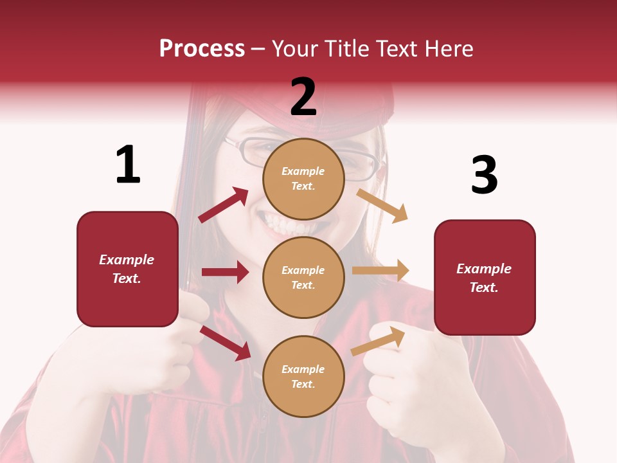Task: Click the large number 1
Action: coord(128,165)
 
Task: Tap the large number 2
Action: coord(303,97)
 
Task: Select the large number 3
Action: coord(484,175)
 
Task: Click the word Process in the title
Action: coord(202,48)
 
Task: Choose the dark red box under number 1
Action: coord(127,269)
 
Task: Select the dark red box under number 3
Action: coord(485,278)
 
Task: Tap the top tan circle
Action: coord(303,179)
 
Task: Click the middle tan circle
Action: coord(303,277)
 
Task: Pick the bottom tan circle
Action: coord(303,376)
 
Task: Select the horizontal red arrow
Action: coord(225,272)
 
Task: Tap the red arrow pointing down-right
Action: coord(226,342)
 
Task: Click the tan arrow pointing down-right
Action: coord(382,205)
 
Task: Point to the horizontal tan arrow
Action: coord(380,271)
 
